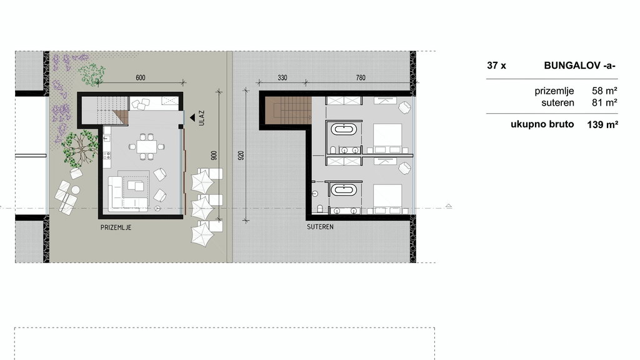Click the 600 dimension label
(x=141, y=77)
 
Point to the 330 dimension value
(x=282, y=77)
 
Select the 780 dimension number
(x=361, y=77)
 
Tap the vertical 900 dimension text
(x=214, y=156)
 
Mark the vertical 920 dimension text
(x=241, y=156)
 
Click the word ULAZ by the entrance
(x=201, y=117)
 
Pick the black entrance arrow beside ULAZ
(x=192, y=118)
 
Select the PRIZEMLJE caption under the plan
(x=116, y=227)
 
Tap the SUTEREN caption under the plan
(x=321, y=227)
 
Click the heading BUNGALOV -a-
(x=579, y=65)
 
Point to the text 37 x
(x=496, y=65)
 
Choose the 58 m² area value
(x=604, y=91)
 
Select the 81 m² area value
(x=604, y=102)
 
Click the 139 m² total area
(x=602, y=124)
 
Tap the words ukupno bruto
(x=542, y=124)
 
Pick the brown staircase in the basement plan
(x=288, y=110)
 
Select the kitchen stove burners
(x=107, y=156)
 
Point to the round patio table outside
(x=76, y=190)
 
